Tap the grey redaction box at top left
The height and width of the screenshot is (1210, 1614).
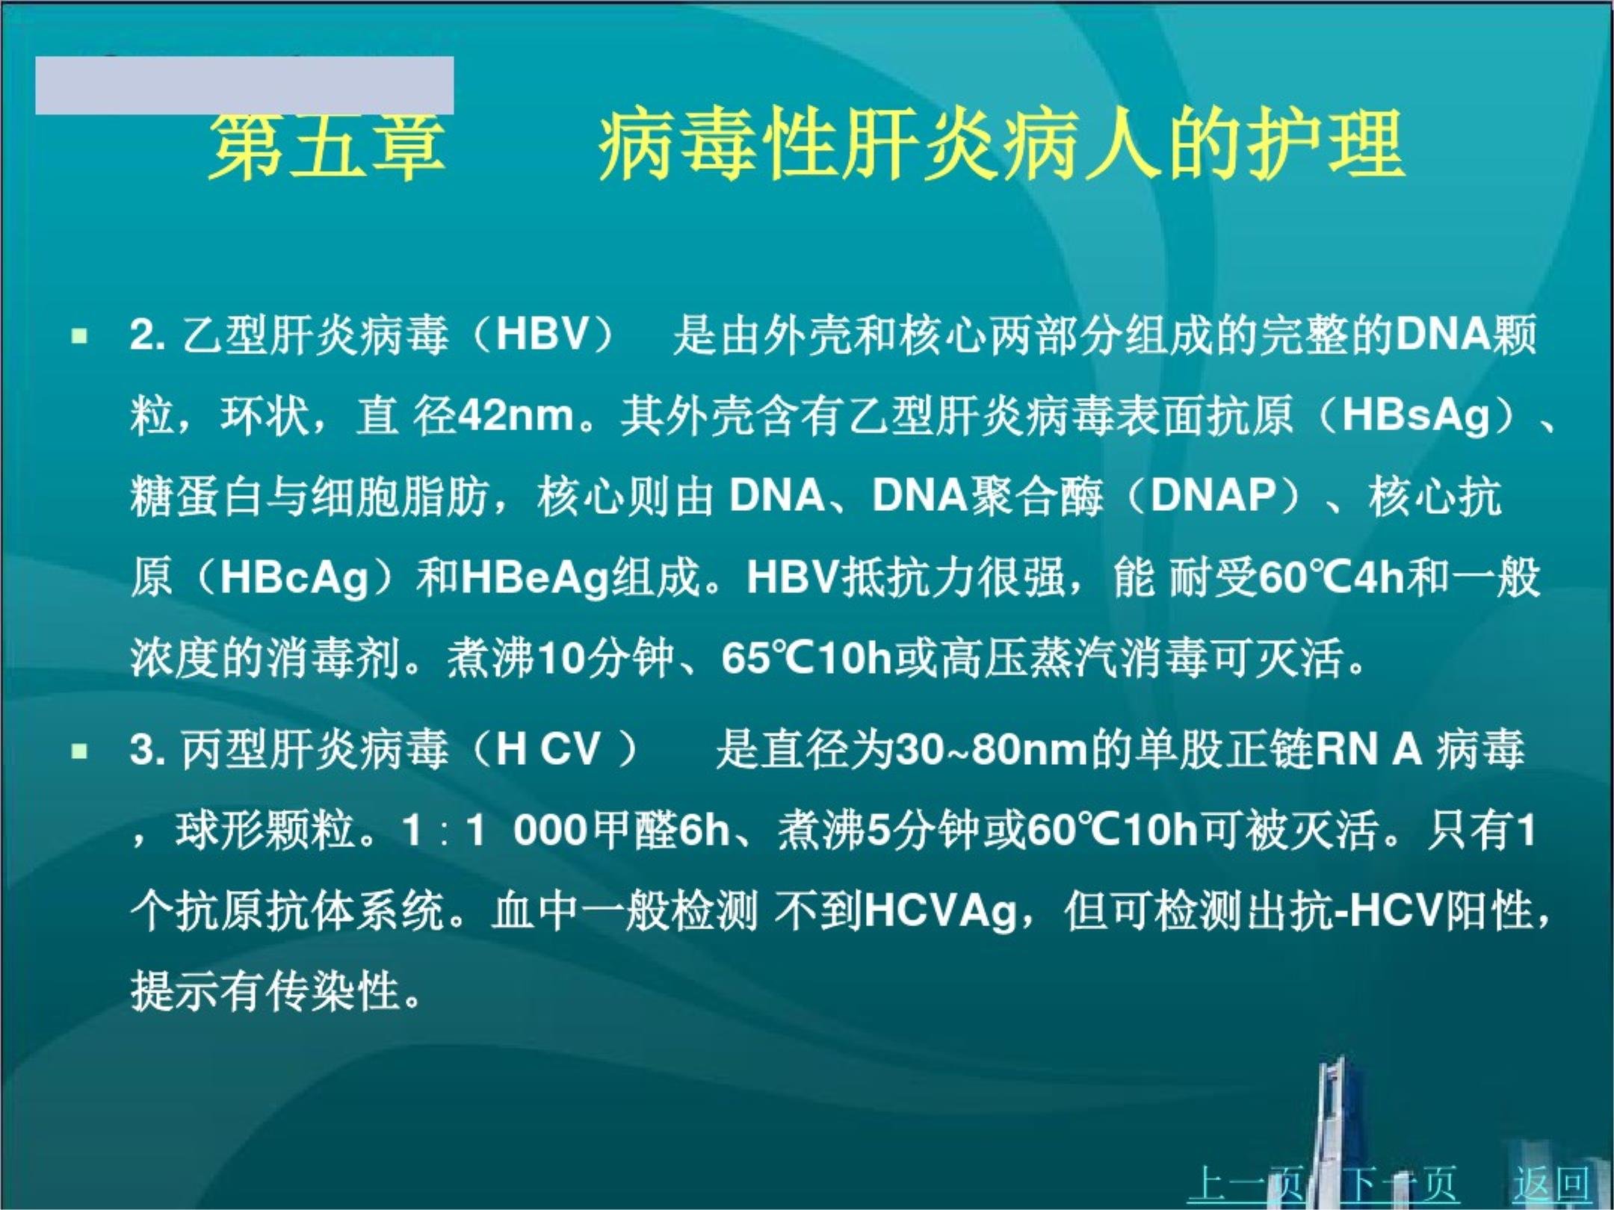click(x=244, y=85)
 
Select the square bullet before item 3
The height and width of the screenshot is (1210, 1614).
click(x=78, y=751)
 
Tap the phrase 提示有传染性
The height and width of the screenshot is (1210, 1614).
click(x=265, y=991)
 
